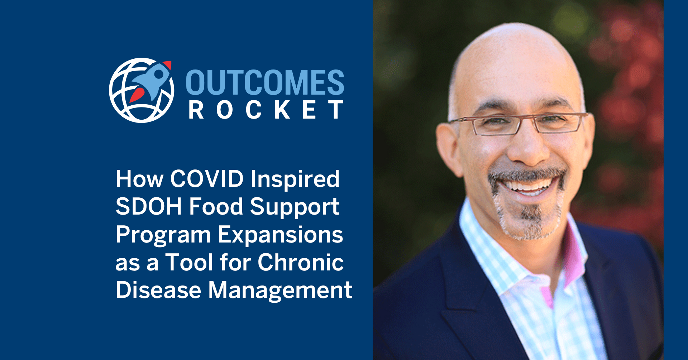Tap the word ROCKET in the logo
pyautogui.click(x=266, y=110)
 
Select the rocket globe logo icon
pyautogui.click(x=142, y=90)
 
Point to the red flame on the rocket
pyautogui.click(x=137, y=94)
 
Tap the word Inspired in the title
pyautogui.click(x=295, y=179)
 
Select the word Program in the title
pyautogui.click(x=163, y=236)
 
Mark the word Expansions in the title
pyautogui.click(x=281, y=236)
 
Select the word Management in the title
pyautogui.click(x=280, y=291)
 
